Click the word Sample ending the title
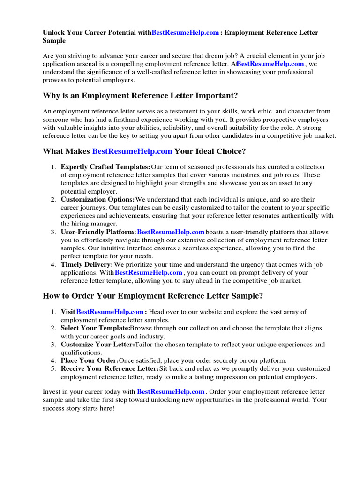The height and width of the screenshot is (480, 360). [x=54, y=41]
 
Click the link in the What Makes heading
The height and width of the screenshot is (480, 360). [x=132, y=151]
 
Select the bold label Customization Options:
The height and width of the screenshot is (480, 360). [x=98, y=200]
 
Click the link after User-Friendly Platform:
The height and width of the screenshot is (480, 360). [x=171, y=232]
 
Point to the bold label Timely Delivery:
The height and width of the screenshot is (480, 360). [x=87, y=264]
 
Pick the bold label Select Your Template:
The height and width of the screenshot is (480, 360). [x=95, y=328]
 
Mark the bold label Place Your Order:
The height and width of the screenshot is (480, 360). [x=90, y=360]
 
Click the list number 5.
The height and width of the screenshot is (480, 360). [x=53, y=368]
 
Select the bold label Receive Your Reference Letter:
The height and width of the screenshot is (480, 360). [x=110, y=368]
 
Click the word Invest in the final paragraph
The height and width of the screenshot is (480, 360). [x=52, y=391]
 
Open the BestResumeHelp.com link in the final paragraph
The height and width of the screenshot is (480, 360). [x=171, y=391]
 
